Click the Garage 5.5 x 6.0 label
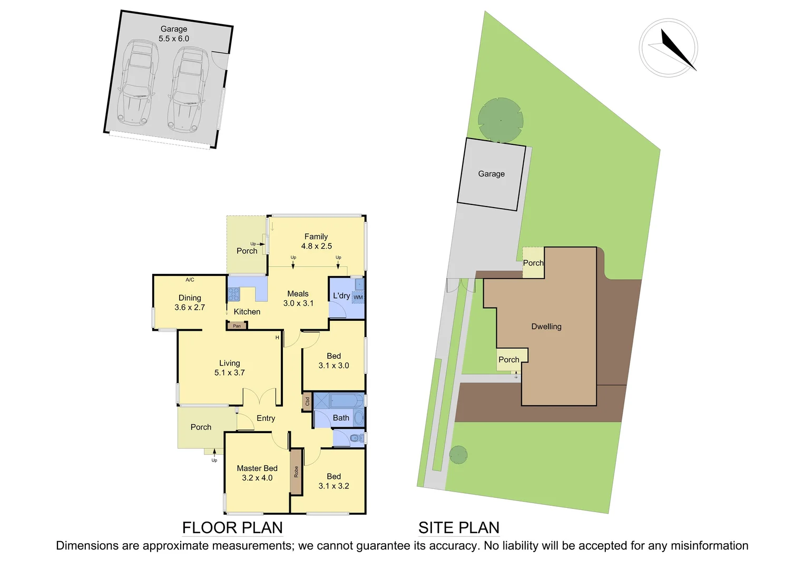tap(173, 34)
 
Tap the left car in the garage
tap(137, 85)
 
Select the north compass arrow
tap(678, 50)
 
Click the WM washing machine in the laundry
tap(358, 297)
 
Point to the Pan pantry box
tap(237, 326)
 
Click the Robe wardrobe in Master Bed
tap(296, 472)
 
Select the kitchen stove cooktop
tap(233, 294)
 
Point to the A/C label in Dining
tap(190, 280)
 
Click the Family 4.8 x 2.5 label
tap(316, 241)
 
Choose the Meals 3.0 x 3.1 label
tap(298, 298)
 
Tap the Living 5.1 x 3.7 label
tap(229, 368)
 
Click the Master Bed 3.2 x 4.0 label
tap(257, 473)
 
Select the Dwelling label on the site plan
tap(546, 327)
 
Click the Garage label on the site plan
tap(491, 174)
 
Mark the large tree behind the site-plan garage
tap(500, 120)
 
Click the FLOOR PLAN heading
tap(232, 527)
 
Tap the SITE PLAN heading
tap(458, 527)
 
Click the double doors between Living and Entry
tap(260, 396)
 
